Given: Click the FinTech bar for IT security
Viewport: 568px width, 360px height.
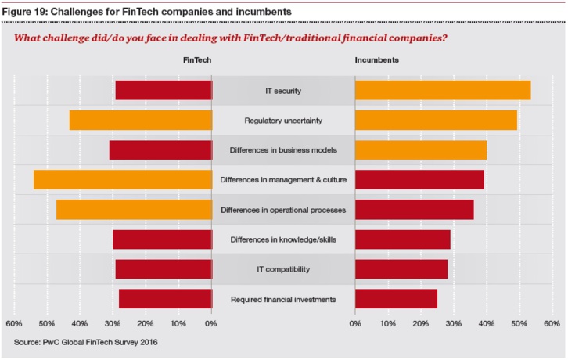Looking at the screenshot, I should [x=164, y=91].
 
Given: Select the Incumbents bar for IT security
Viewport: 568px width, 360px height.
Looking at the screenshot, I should [x=443, y=91].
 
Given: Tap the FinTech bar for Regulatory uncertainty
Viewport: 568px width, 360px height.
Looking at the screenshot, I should [x=141, y=121].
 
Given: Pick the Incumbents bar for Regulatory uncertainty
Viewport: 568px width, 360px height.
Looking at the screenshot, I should [x=436, y=121].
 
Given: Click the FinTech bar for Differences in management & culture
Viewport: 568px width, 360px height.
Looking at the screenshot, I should [x=123, y=180].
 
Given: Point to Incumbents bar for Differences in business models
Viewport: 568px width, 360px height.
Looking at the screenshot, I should [x=421, y=150].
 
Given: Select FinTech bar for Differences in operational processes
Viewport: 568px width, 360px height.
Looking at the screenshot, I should [x=134, y=210].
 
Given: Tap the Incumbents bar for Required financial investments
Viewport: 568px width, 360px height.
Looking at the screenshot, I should [x=396, y=299].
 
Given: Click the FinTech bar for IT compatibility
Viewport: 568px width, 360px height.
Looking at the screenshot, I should [x=164, y=269].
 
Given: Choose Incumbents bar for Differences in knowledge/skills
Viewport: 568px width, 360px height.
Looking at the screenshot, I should [x=402, y=239].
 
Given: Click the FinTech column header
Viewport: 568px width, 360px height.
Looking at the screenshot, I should [x=196, y=59].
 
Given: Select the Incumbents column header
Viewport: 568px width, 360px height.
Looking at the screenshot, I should [x=377, y=59].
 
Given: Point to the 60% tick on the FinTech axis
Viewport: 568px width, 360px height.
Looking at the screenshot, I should [x=14, y=323].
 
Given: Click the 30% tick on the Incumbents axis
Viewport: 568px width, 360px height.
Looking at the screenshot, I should [x=454, y=323].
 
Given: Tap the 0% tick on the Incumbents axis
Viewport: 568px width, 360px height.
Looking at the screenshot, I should [x=355, y=323].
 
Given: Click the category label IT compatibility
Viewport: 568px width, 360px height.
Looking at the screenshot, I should [x=283, y=269].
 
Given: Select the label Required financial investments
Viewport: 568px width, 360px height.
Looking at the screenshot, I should [x=283, y=299].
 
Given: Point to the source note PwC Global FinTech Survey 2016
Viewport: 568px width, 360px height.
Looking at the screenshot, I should [x=102, y=343].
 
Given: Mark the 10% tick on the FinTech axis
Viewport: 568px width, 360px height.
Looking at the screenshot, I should [x=178, y=323].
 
